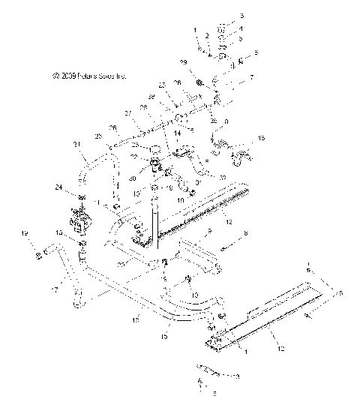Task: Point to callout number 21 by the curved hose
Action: point(76,145)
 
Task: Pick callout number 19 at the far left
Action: point(25,235)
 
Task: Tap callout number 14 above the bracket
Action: point(178,133)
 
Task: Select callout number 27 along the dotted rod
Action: point(128,113)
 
